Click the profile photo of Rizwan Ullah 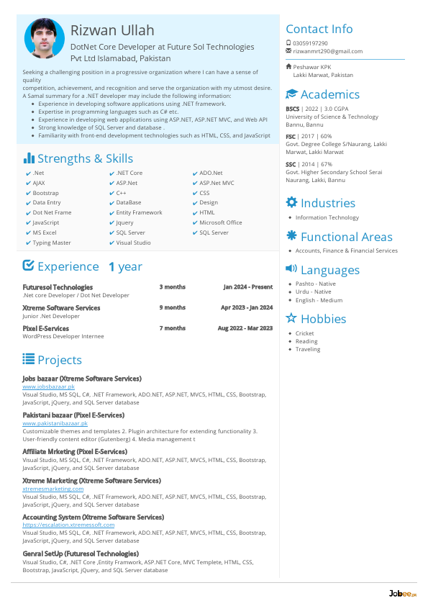(45, 39)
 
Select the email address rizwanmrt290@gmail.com (327, 52)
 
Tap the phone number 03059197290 (310, 43)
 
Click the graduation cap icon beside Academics (291, 94)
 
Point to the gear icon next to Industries (291, 203)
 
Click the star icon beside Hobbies (291, 318)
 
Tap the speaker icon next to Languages (291, 269)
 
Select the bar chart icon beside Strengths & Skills (29, 158)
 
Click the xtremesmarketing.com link (53, 489)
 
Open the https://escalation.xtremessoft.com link (68, 525)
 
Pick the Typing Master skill (52, 243)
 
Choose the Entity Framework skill (139, 213)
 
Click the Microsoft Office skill (221, 223)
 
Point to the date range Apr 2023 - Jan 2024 (247, 307)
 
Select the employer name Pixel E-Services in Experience (46, 328)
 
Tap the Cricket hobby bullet (305, 334)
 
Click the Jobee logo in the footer (399, 593)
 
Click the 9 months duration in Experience (172, 307)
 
